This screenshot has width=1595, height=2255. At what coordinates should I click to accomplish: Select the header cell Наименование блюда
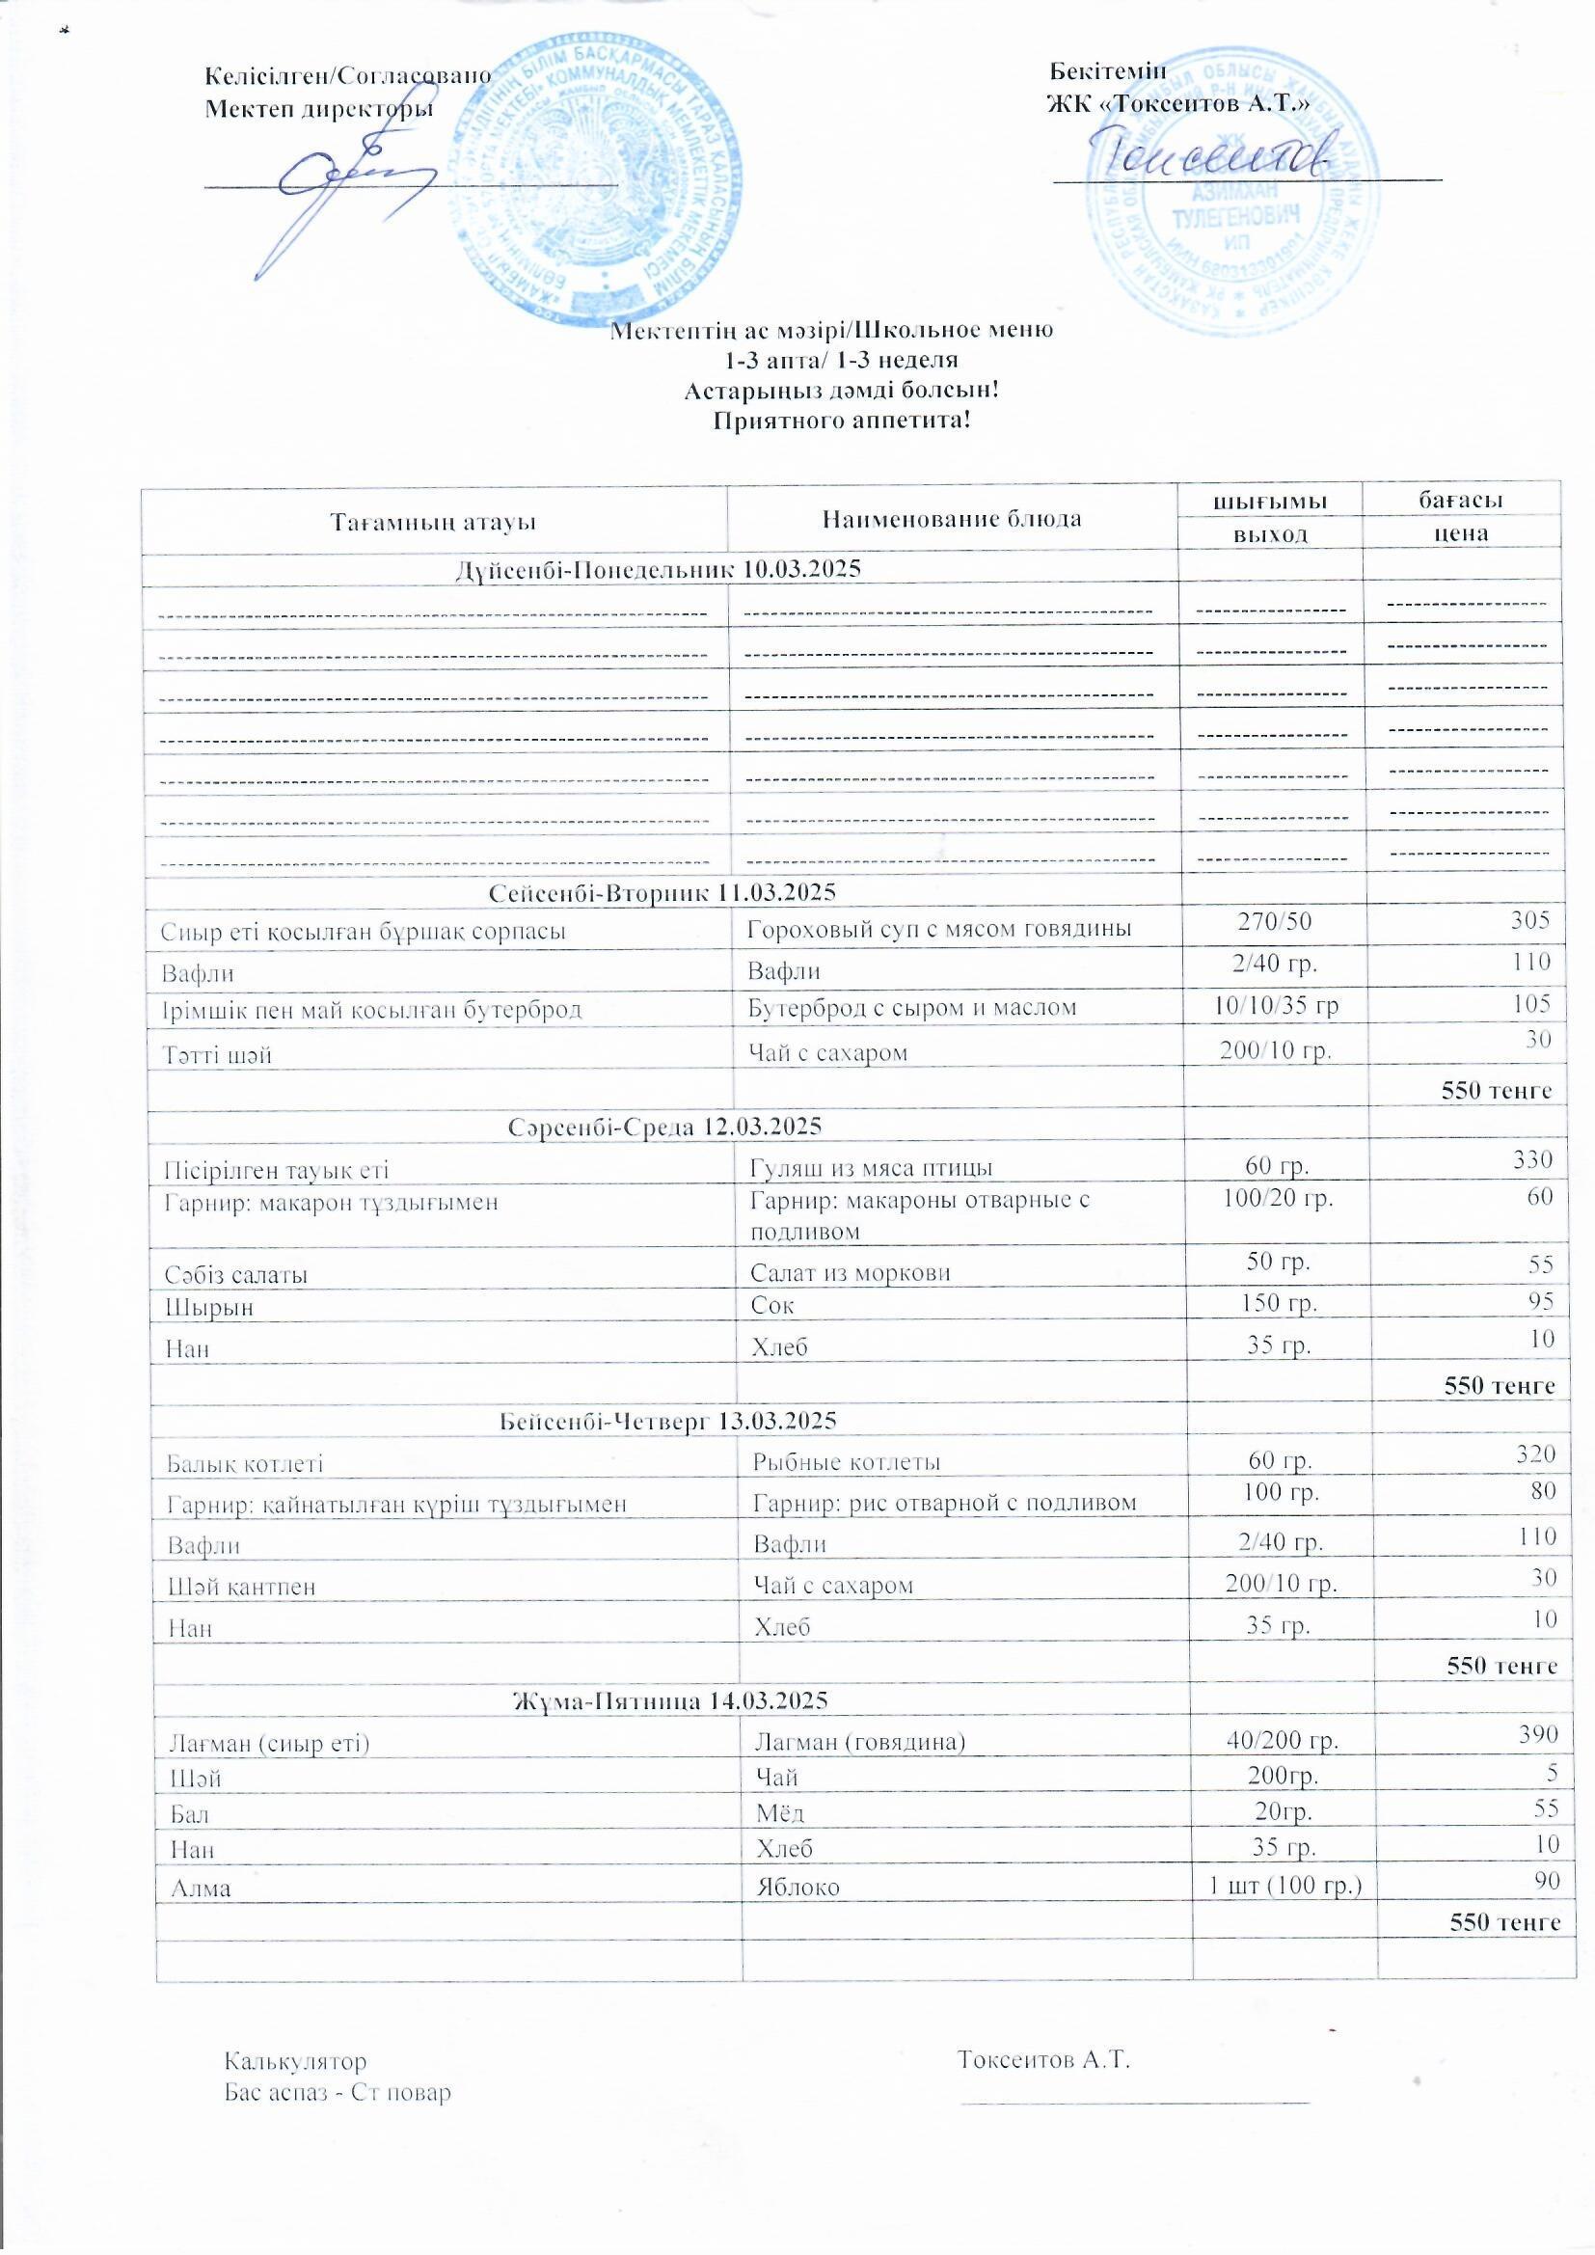(x=952, y=519)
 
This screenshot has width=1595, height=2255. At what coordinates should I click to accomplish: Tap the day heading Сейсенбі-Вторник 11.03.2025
(x=662, y=893)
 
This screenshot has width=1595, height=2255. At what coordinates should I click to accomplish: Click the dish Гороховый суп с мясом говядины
(x=939, y=928)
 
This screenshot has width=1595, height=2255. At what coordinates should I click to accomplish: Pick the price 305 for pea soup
(x=1531, y=920)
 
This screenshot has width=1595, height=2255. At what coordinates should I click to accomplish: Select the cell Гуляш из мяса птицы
(x=871, y=1167)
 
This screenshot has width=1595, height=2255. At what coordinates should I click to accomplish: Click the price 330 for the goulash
(x=1533, y=1160)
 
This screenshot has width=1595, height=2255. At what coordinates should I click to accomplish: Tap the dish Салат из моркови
(x=851, y=1273)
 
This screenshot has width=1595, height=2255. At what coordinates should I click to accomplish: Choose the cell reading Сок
(x=772, y=1306)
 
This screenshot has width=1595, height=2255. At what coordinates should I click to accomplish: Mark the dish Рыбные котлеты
(x=847, y=1461)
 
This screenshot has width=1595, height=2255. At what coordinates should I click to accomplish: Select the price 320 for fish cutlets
(x=1537, y=1454)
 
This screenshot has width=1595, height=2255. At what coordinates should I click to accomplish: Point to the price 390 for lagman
(x=1539, y=1733)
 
